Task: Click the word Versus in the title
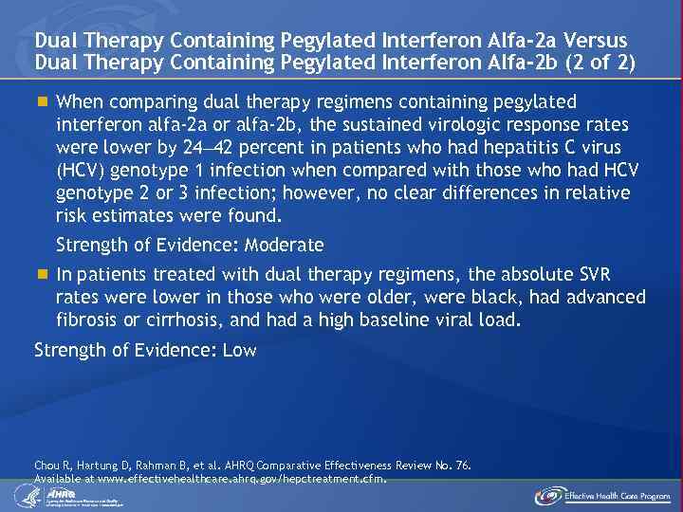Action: [595, 41]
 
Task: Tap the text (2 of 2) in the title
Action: [600, 64]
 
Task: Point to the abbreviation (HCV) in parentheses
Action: [83, 171]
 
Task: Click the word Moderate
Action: [285, 246]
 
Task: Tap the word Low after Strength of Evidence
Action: [239, 350]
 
